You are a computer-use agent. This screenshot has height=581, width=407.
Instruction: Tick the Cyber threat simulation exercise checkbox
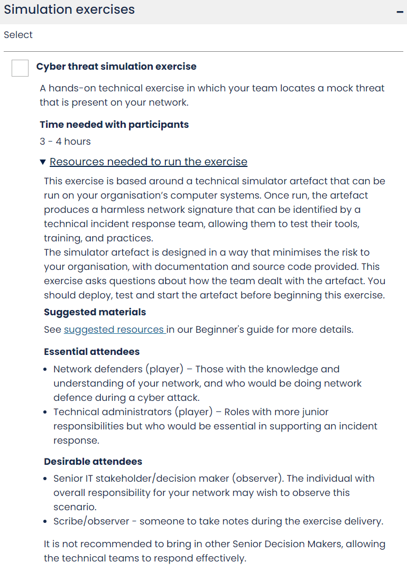point(20,68)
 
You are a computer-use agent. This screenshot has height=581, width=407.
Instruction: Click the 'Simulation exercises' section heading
point(69,10)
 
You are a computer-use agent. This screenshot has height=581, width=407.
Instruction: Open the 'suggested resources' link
point(114,330)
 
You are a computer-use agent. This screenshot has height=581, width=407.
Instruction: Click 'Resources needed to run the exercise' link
point(149,162)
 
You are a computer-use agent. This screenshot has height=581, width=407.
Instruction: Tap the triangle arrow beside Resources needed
point(43,162)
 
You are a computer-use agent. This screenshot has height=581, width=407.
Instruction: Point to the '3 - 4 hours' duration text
point(65,142)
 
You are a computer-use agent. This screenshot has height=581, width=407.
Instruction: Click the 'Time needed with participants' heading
point(114,125)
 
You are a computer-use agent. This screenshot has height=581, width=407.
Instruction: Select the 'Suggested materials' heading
point(95,312)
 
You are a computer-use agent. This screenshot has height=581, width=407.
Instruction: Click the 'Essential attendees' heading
point(91,352)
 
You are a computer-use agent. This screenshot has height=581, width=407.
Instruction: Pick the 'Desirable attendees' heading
point(93,462)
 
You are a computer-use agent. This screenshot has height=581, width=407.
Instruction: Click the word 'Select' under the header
point(18,35)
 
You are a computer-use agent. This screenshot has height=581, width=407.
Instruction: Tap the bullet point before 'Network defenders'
point(47,369)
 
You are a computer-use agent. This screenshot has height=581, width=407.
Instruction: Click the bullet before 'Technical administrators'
point(47,412)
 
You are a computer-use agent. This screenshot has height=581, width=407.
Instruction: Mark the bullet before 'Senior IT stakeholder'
point(47,479)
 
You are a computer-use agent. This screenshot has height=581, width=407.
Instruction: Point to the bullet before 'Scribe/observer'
point(47,521)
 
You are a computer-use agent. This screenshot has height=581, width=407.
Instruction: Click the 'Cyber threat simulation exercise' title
point(116,67)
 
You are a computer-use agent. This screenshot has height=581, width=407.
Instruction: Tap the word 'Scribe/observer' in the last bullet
point(91,521)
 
